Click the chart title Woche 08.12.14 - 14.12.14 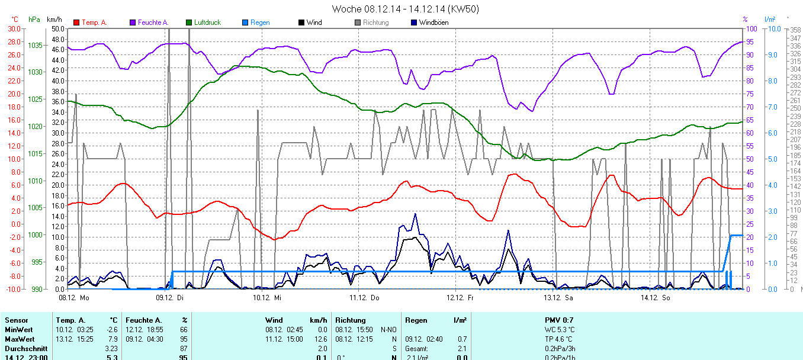pyautogui.click(x=405, y=9)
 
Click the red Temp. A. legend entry pyautogui.click(x=94, y=22)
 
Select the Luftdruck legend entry pyautogui.click(x=207, y=22)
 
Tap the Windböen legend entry pyautogui.click(x=433, y=22)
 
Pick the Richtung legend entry pyautogui.click(x=375, y=22)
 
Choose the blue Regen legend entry pyautogui.click(x=259, y=22)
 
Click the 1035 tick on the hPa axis pyautogui.click(x=35, y=45)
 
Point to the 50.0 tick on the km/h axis pyautogui.click(x=58, y=28)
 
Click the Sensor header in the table pyautogui.click(x=16, y=320)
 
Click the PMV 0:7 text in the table pyautogui.click(x=559, y=320)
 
